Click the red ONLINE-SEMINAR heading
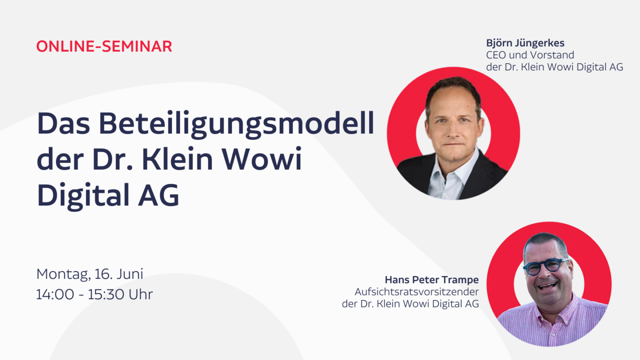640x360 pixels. [x=104, y=46]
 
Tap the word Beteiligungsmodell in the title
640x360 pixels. [x=236, y=124]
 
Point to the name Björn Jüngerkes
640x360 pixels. [x=525, y=44]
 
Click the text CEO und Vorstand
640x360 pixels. [x=530, y=55]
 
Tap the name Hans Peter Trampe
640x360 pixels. [x=432, y=280]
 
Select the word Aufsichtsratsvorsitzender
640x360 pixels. [x=416, y=292]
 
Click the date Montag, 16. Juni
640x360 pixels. [x=90, y=274]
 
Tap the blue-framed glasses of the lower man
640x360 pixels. [x=546, y=266]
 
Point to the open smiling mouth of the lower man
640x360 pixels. [x=548, y=285]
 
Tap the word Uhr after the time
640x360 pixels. [x=141, y=294]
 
